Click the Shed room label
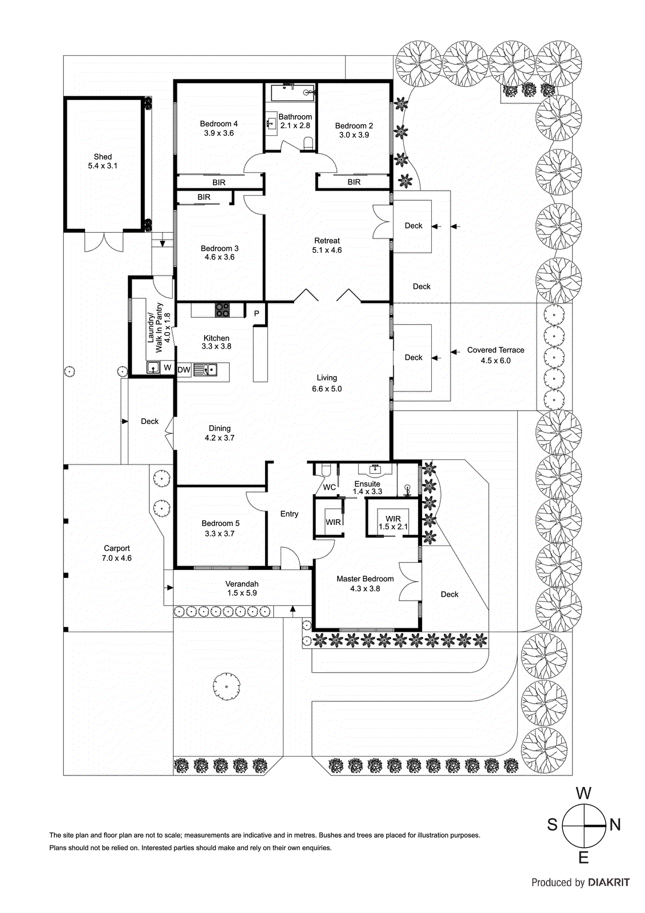(103, 156)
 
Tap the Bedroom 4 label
(219, 123)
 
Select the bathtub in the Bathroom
(290, 92)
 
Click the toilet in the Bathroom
(309, 143)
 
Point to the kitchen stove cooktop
(222, 310)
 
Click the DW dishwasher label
(184, 370)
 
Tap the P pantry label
(257, 313)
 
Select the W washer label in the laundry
(168, 367)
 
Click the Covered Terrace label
(496, 350)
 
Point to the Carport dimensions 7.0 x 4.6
(117, 558)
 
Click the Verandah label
(242, 584)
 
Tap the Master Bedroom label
(365, 579)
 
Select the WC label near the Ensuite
(329, 487)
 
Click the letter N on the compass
(615, 825)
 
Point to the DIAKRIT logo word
(609, 883)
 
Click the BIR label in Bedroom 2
(354, 182)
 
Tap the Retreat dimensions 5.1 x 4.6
(327, 251)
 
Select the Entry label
(289, 514)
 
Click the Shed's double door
(103, 241)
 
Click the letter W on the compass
(583, 793)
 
